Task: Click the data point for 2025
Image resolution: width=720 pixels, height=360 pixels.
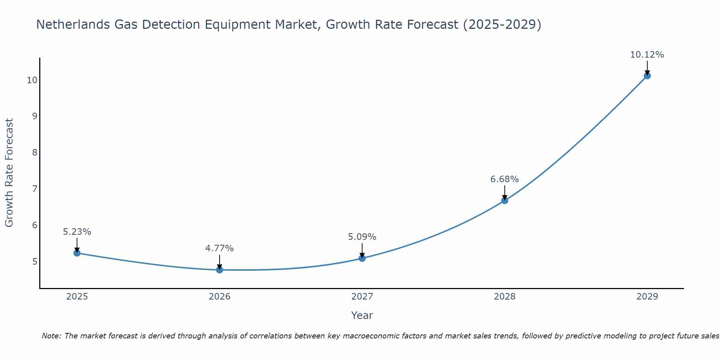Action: pos(77,253)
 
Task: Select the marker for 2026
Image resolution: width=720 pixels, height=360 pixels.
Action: pos(220,270)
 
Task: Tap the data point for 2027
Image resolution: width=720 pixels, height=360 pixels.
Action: pos(362,258)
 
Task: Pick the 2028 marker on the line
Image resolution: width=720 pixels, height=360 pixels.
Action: pos(505,201)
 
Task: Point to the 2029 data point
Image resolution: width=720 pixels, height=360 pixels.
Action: pos(647,76)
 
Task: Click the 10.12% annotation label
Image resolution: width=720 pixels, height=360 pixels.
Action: pos(647,55)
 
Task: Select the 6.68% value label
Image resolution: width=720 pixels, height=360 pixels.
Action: pos(504,179)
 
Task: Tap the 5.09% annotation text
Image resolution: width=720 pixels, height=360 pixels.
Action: pos(362,237)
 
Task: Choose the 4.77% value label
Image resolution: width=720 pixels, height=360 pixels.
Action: pos(219,248)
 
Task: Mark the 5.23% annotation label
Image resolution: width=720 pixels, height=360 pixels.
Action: pos(77,232)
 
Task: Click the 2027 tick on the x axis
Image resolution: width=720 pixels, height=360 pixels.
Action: pos(362,297)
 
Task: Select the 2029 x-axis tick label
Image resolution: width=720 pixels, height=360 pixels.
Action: pos(647,297)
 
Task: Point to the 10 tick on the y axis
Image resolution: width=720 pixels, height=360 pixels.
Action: pos(32,80)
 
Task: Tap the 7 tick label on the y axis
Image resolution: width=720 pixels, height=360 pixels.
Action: pos(35,189)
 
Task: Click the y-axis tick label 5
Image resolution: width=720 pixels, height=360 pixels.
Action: pos(35,261)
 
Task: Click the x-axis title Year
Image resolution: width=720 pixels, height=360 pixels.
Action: pos(362,315)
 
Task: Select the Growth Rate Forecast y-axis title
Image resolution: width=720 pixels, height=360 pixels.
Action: pos(9,173)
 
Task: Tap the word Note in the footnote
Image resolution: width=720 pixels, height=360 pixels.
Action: pos(51,336)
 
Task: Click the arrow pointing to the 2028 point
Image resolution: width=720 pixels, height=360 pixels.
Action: pos(505,193)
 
